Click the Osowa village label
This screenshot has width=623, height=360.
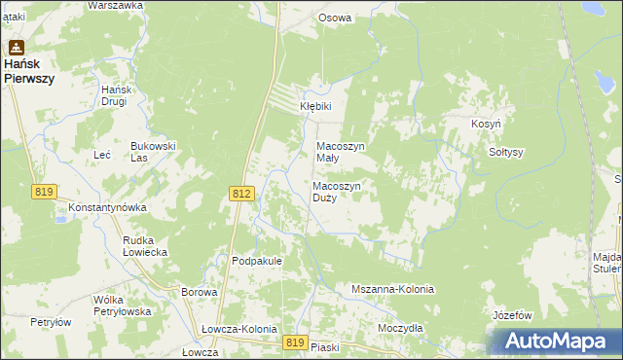(335, 18)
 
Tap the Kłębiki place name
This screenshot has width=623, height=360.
(315, 107)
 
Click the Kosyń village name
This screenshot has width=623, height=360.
(487, 126)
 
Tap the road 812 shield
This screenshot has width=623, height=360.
(242, 195)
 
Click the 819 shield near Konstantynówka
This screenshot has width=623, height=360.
(42, 192)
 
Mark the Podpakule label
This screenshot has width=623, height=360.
(257, 261)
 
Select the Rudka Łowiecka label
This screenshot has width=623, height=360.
(145, 245)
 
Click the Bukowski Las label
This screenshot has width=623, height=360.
(153, 151)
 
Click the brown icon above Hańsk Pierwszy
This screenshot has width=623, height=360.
(17, 46)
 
